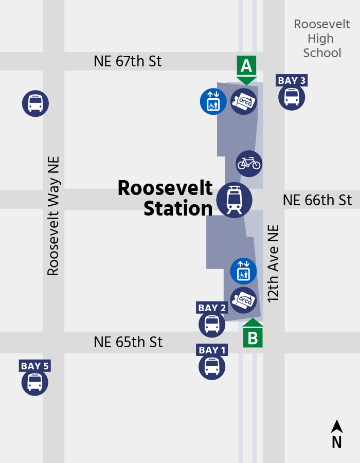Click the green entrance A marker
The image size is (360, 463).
(x=246, y=68)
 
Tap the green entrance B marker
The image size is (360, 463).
(x=253, y=335)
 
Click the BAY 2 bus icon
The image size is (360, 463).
(x=212, y=324)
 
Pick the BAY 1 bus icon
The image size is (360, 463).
(x=212, y=366)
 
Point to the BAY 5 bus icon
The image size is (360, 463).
(x=35, y=382)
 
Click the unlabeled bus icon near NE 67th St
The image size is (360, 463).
(x=35, y=103)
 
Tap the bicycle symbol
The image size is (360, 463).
(x=249, y=164)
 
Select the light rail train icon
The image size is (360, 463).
(x=235, y=200)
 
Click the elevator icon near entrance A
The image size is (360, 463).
(x=213, y=101)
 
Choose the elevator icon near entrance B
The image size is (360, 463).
(x=243, y=271)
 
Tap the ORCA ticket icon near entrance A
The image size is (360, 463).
(x=243, y=101)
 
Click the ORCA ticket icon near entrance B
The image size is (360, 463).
(x=243, y=300)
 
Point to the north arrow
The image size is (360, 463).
(x=337, y=434)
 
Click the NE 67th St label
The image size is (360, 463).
(x=128, y=61)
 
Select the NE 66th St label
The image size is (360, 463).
(x=317, y=200)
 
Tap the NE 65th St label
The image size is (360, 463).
(x=128, y=342)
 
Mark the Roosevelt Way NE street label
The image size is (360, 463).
(x=53, y=216)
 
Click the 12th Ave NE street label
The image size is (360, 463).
(x=273, y=263)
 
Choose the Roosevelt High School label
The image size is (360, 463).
(x=322, y=39)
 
